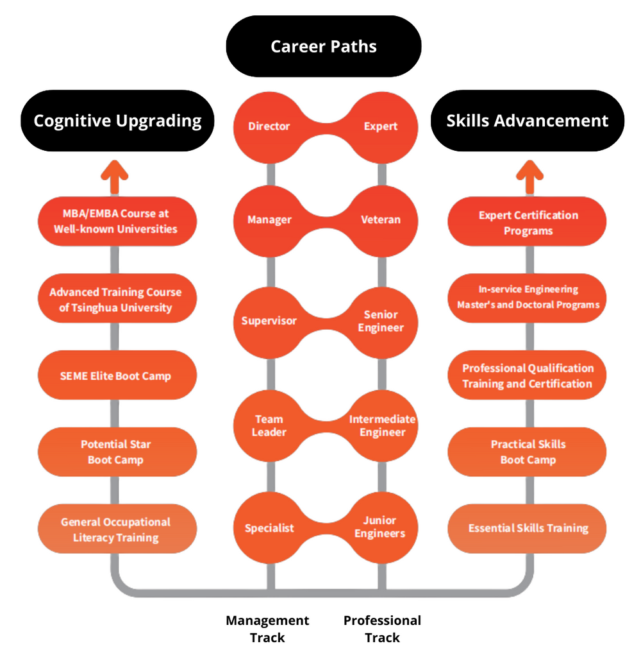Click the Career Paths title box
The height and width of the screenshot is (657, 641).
(324, 46)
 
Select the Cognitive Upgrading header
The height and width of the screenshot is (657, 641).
(117, 121)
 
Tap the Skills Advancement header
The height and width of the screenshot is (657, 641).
(528, 121)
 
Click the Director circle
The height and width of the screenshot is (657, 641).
(269, 128)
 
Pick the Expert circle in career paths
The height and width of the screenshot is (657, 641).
(381, 128)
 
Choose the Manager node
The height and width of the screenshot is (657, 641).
(269, 221)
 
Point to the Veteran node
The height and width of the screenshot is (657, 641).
(381, 221)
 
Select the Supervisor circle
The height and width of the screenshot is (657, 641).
(269, 323)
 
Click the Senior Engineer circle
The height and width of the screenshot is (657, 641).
(381, 323)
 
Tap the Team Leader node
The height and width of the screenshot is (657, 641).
(269, 426)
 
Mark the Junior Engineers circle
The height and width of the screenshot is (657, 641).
(381, 527)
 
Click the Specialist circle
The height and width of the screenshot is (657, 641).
(269, 527)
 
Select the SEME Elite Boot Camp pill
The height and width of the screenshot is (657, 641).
(117, 375)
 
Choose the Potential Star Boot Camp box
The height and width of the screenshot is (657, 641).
(117, 452)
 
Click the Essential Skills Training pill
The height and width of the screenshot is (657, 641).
(527, 529)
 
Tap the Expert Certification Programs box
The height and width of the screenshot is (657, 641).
(527, 221)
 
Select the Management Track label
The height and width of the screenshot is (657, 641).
(267, 629)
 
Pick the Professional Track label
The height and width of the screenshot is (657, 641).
(382, 629)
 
